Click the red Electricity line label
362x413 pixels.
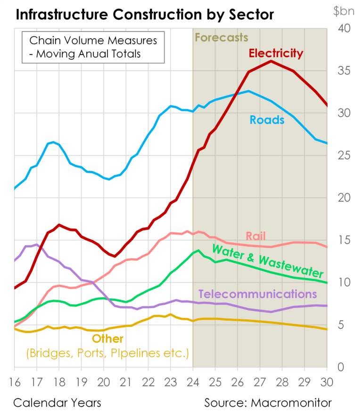coord(276,53)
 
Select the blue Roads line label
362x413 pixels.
coord(267,120)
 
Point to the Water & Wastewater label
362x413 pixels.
coord(268,261)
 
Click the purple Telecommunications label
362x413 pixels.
coord(257,294)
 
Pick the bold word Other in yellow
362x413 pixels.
coord(107,339)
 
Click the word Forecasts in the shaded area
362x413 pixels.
coord(222,37)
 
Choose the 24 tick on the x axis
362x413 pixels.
coord(192,380)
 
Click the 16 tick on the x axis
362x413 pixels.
coord(14,380)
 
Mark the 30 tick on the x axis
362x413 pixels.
coord(327,380)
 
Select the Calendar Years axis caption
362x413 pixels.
coord(57,403)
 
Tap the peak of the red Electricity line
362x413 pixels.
coord(271,61)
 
